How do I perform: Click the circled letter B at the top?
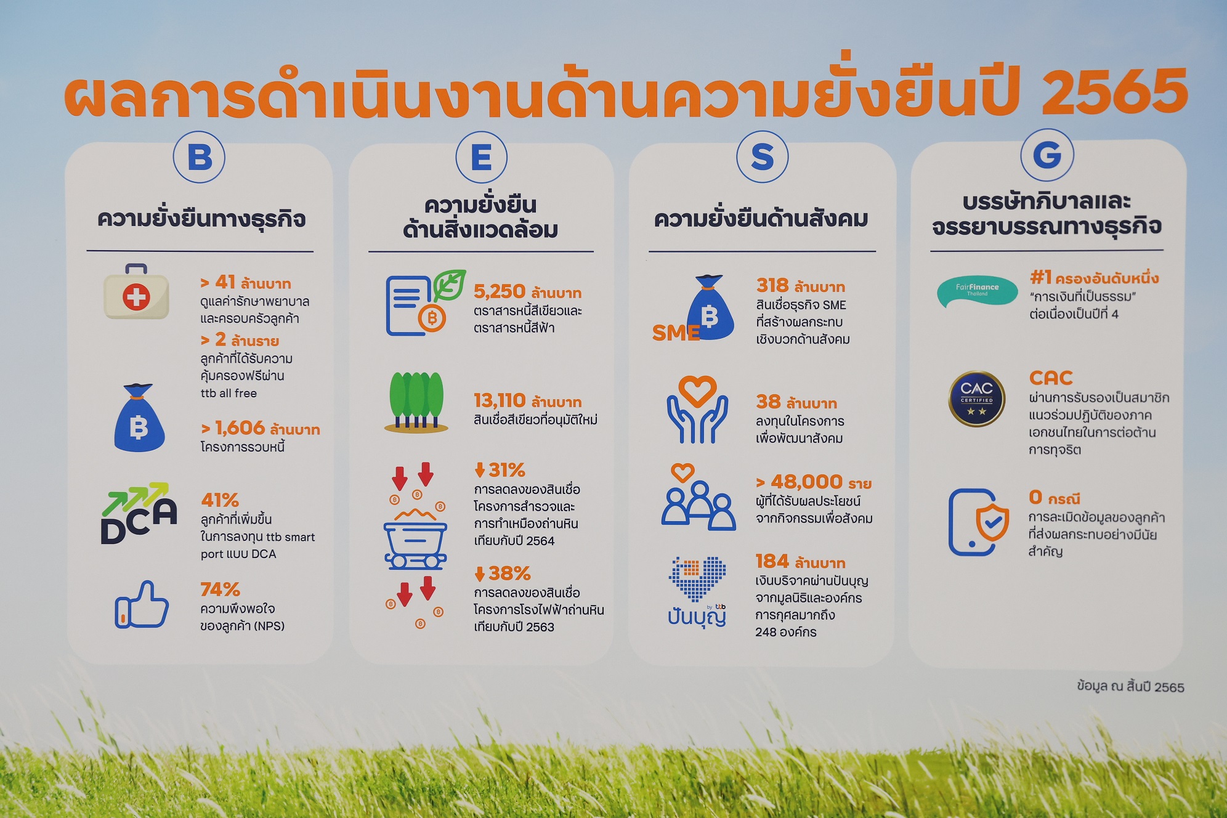199,157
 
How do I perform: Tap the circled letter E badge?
482,157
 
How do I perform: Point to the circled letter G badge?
1047,155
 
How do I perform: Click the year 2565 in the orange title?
1115,92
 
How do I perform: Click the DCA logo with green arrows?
139,513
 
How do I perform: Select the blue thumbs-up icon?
142,605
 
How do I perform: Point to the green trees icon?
416,402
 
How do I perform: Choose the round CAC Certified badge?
976,399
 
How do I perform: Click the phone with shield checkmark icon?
979,522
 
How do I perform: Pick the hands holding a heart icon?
697,410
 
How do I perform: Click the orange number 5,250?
500,291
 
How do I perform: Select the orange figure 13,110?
500,401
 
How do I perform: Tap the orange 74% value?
220,589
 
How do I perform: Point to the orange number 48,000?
807,482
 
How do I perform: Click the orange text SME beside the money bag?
676,333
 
